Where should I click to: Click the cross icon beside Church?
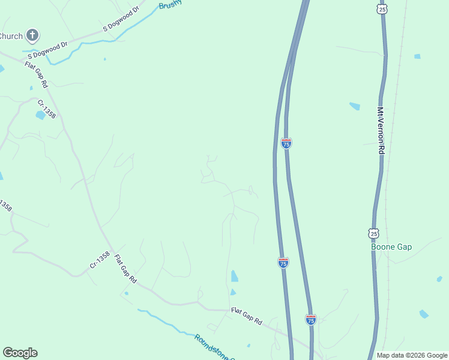tap(32, 35)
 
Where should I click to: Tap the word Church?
tap(11, 36)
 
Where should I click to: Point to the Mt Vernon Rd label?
tap(381, 131)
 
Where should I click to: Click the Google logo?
tap(20, 353)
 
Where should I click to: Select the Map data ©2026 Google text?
tap(412, 355)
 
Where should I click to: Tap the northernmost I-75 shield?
tap(286, 143)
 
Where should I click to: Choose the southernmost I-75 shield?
tap(310, 319)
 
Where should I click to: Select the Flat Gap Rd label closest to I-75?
tap(247, 317)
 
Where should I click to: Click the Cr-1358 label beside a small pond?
tap(47, 109)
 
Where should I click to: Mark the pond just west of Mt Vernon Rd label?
tap(355, 106)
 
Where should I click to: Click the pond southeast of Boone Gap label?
tap(424, 314)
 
